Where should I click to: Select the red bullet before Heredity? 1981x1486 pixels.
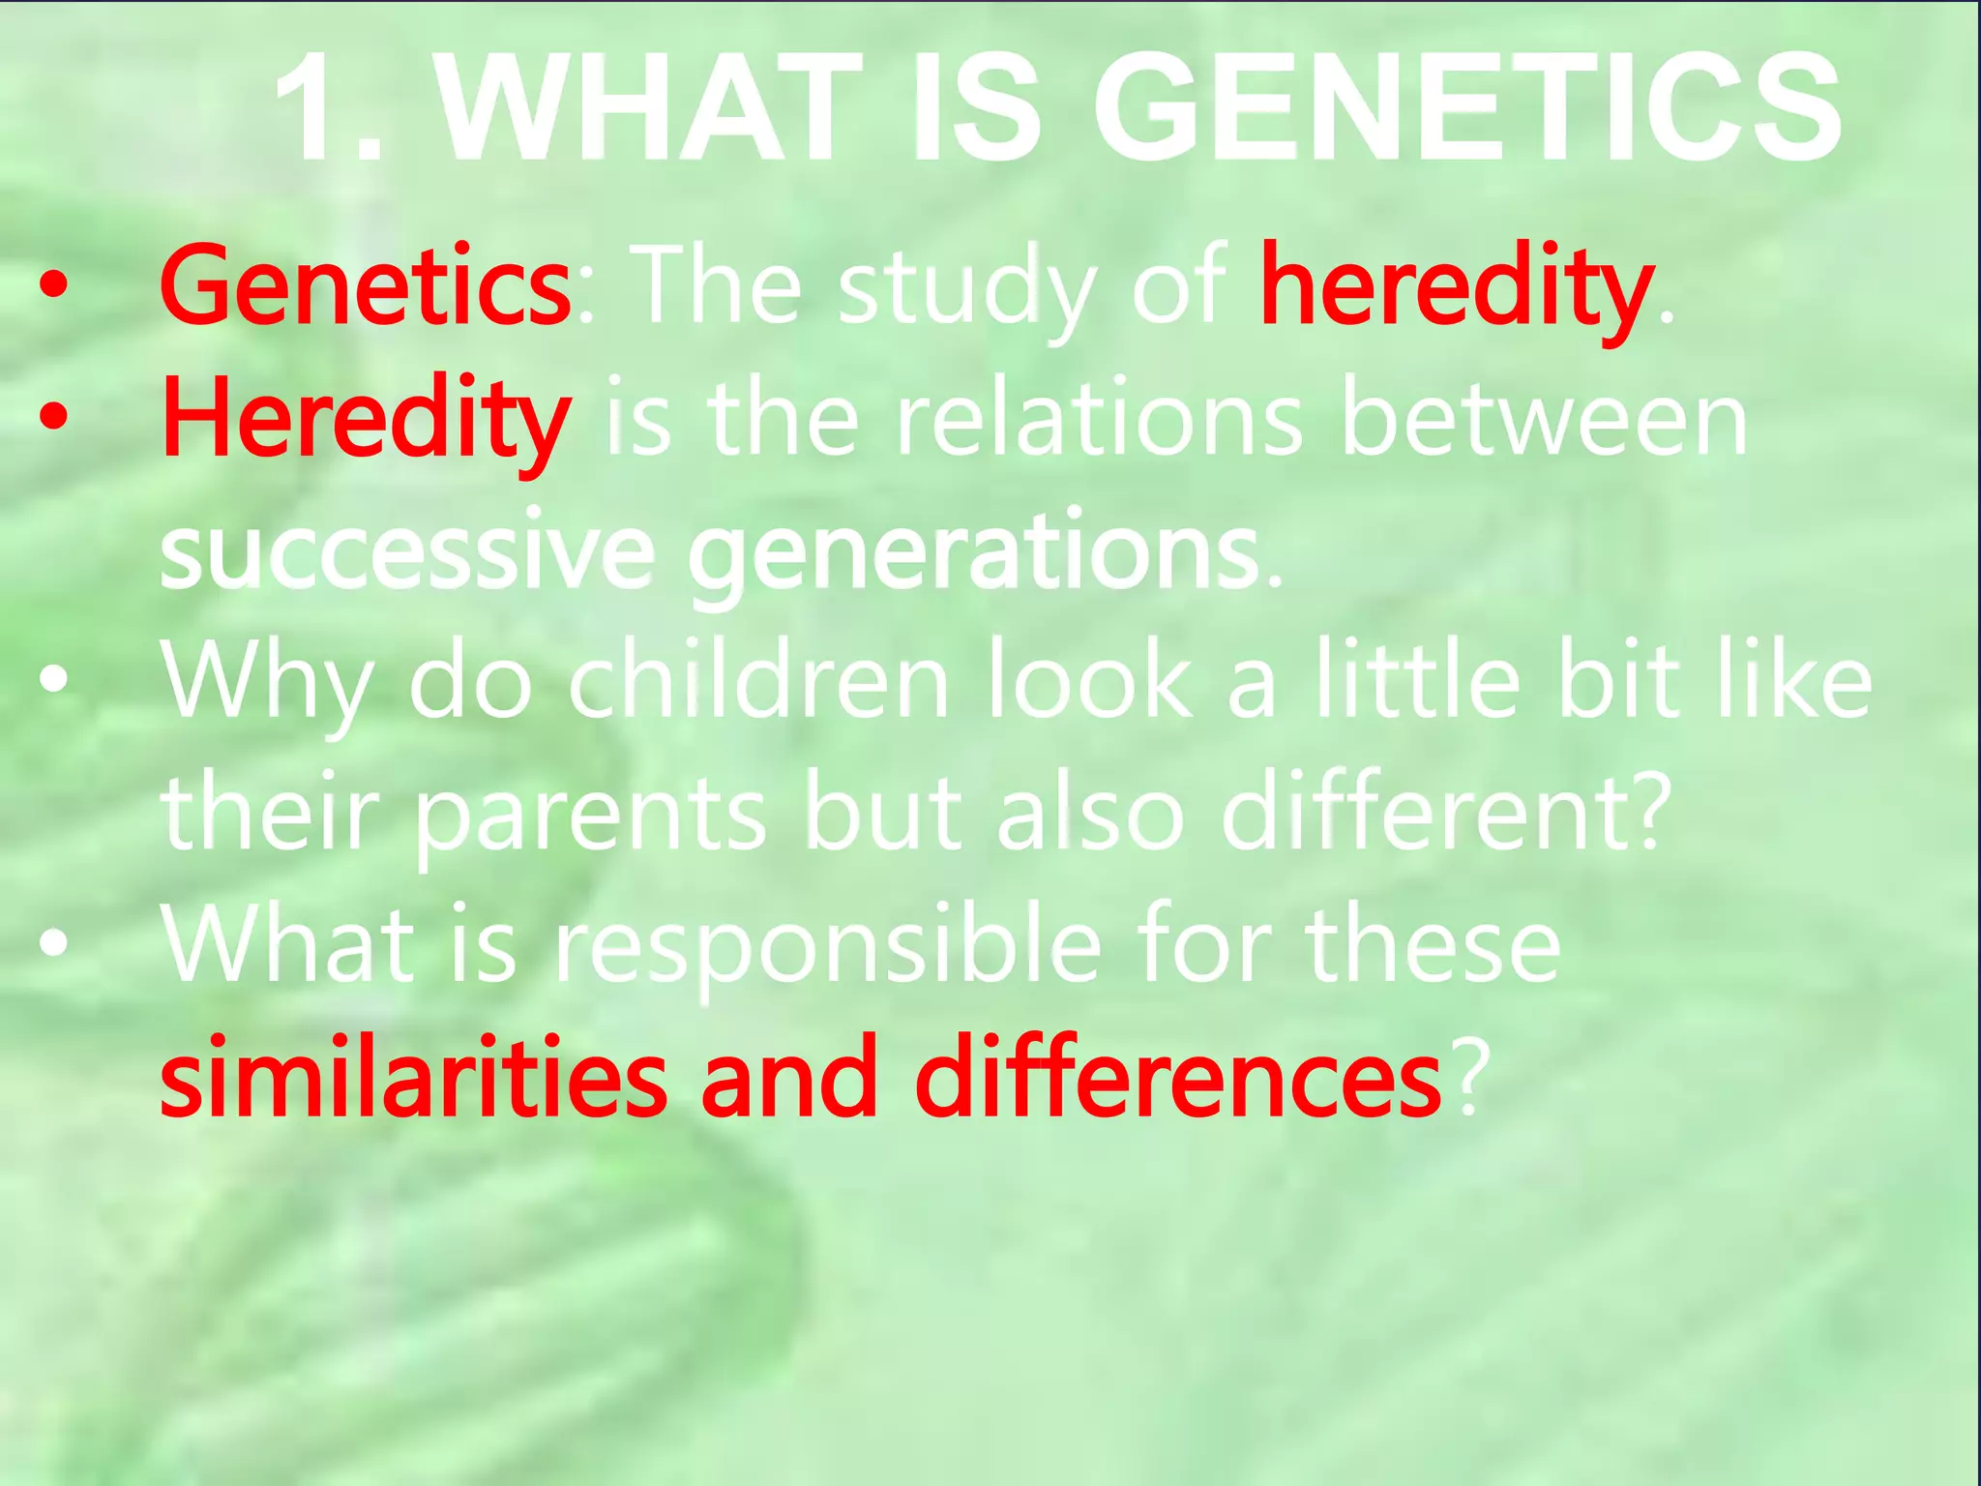click(x=54, y=416)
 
